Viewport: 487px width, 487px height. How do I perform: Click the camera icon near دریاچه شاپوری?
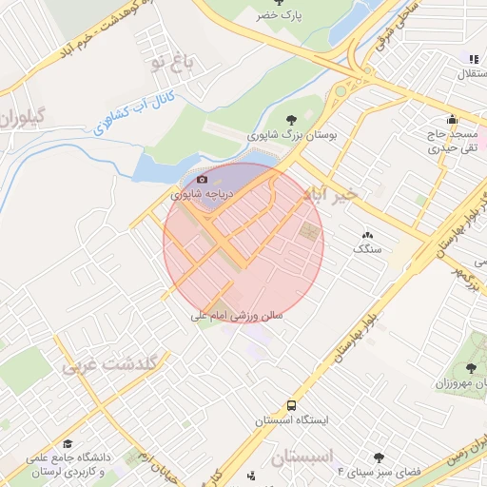tap(202, 179)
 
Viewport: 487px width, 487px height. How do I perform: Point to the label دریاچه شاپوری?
tap(203, 193)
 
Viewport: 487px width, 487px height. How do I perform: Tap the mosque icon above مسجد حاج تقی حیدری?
tap(452, 120)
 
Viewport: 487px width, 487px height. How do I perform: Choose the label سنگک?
tap(367, 248)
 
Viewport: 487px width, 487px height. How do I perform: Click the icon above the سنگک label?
tap(367, 235)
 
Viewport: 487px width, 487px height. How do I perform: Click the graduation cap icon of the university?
tap(68, 444)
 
